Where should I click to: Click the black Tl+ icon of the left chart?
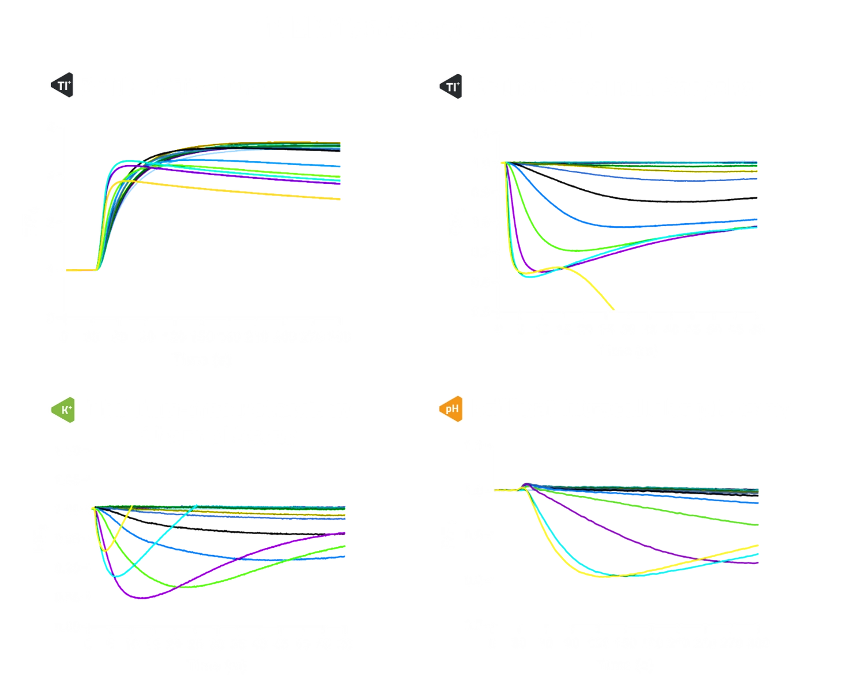62,85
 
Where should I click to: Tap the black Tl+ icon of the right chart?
451,87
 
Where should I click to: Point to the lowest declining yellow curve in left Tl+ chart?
259,191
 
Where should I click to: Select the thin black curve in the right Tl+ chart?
634,199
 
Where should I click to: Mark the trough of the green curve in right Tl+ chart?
577,250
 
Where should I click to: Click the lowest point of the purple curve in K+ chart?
141,599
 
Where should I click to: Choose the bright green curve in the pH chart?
663,508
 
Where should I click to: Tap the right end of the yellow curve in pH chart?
758,545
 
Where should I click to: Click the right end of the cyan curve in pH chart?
758,555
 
